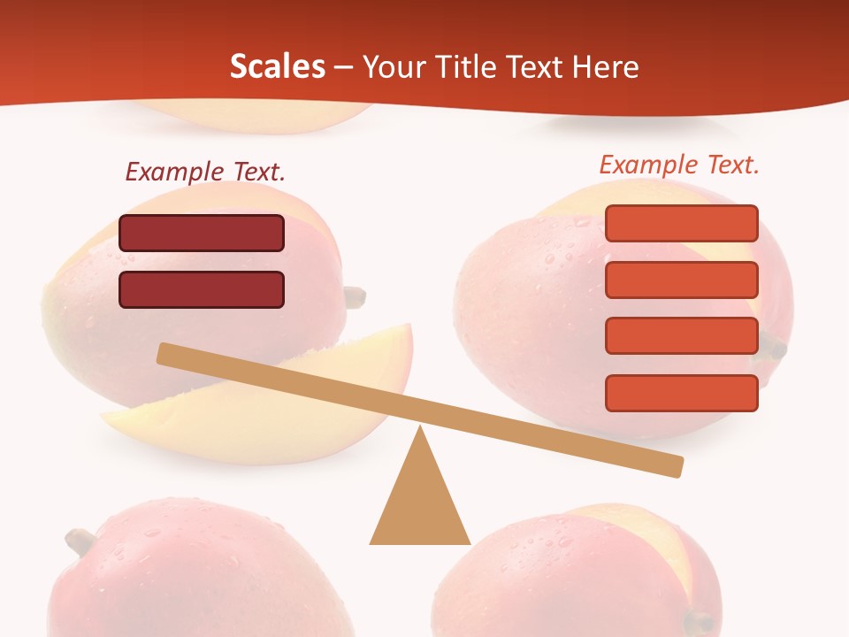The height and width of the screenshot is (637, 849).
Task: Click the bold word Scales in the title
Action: pyautogui.click(x=277, y=66)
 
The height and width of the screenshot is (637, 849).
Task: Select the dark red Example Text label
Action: pyautogui.click(x=205, y=172)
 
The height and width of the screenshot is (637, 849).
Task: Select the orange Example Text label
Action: pyautogui.click(x=679, y=165)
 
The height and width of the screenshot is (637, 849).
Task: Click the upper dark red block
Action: pyautogui.click(x=202, y=233)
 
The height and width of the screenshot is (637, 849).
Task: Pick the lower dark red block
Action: pyautogui.click(x=202, y=289)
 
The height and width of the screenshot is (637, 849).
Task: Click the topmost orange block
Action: pyautogui.click(x=681, y=223)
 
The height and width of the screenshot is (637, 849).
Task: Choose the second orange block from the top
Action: pyautogui.click(x=681, y=280)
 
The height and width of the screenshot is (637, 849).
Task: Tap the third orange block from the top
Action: pyautogui.click(x=681, y=335)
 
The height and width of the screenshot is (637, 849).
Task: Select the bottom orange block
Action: pyautogui.click(x=681, y=393)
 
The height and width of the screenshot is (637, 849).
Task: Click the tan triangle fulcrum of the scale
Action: pyautogui.click(x=420, y=504)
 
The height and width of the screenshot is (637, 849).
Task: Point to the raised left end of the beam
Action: pyautogui.click(x=164, y=354)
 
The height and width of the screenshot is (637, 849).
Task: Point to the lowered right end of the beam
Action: pyautogui.click(x=676, y=466)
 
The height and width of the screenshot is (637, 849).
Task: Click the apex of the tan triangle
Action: pyautogui.click(x=420, y=430)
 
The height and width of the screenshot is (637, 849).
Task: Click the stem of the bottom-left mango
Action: pyautogui.click(x=80, y=540)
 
